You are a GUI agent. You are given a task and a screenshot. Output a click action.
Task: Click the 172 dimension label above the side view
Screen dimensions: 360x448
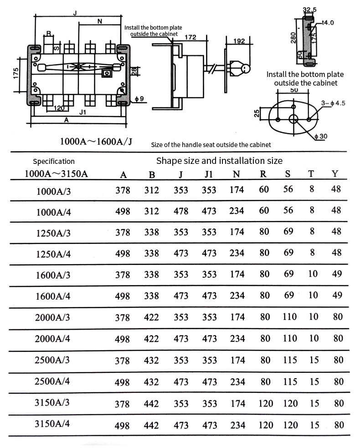tap(190, 37)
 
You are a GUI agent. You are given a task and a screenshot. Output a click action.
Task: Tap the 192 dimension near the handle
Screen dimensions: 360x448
tap(239, 41)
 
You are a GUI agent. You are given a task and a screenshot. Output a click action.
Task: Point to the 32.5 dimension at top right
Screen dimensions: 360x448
tap(310, 10)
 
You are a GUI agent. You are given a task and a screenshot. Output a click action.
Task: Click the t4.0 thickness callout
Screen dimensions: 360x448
tap(328, 23)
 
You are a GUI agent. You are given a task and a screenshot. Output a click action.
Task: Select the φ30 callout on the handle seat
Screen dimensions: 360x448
tap(321, 136)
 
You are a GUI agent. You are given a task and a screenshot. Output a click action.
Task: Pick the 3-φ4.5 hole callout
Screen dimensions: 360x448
tap(333, 103)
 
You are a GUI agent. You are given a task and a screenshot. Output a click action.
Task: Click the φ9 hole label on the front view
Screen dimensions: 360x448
tap(139, 99)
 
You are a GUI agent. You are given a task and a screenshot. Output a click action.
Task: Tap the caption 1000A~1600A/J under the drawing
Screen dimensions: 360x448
tap(96, 142)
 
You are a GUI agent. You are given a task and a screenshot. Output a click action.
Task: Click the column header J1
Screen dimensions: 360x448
tap(209, 174)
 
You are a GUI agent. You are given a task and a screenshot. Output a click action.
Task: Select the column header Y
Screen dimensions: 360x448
tap(335, 173)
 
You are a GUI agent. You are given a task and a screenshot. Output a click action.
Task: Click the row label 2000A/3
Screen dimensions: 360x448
tap(52, 317)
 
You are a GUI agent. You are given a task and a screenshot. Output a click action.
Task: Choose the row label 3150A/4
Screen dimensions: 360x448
tap(52, 423)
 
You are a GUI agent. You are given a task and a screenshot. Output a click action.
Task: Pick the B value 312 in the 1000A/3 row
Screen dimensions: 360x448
tap(152, 190)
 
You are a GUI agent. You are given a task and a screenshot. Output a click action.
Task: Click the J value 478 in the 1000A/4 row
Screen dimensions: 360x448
tap(181, 211)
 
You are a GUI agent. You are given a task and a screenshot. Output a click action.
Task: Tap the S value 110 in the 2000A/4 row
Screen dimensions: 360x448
tap(290, 338)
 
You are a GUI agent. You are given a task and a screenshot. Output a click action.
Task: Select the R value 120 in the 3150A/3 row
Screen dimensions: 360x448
tap(266, 403)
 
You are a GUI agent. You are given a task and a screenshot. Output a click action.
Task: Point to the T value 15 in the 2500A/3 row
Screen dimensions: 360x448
tap(314, 360)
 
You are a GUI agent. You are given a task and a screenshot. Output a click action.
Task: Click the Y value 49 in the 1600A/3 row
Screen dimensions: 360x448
tap(337, 274)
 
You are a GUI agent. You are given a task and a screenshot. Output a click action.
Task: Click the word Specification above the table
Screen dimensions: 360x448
tap(54, 162)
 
